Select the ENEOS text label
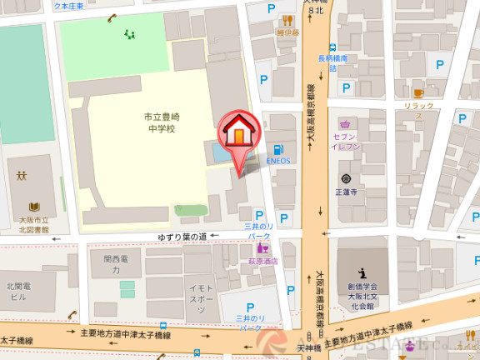277,161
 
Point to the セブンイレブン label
345,140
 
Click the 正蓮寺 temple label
345,191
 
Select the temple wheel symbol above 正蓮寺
345,178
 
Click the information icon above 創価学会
362,272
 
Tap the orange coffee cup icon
419,93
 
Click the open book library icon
34,207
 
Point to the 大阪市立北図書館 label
34,224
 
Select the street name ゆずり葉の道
182,237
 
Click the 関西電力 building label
117,265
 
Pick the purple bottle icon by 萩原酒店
262,248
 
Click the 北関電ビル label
18,291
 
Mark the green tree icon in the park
128,34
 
